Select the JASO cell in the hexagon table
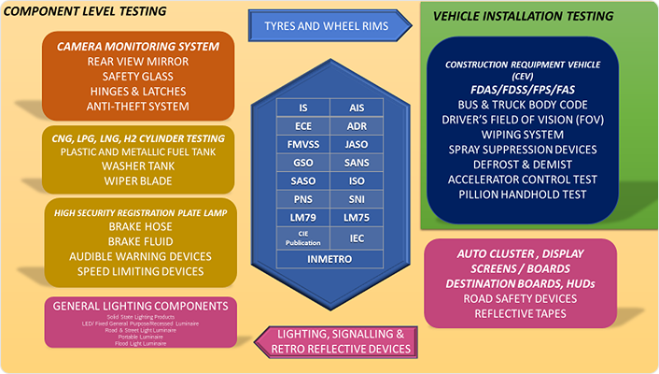[x=356, y=144]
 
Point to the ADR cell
[x=356, y=126]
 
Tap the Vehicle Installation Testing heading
[x=537, y=16]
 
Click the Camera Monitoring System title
[x=137, y=46]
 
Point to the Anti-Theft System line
[x=138, y=106]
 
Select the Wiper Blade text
[x=138, y=180]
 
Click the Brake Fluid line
[x=139, y=241]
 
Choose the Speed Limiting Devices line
[x=139, y=271]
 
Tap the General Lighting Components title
[x=140, y=306]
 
